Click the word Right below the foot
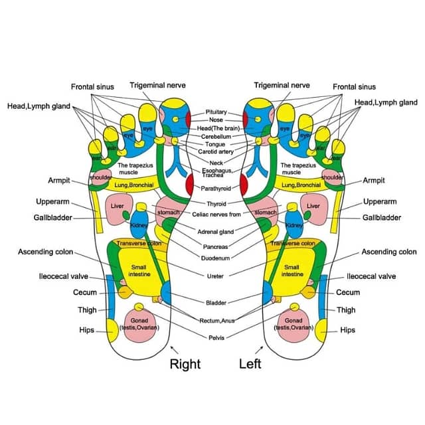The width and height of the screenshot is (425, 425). [x=185, y=363]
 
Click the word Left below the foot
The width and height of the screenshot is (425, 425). [x=250, y=363]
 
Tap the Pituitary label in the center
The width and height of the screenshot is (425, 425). [x=216, y=112]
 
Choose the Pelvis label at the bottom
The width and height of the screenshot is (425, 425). [x=216, y=337]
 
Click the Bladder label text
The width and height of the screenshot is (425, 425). [x=215, y=303]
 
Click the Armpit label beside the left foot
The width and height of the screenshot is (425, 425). [x=374, y=180]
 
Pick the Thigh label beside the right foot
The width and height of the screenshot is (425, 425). [x=86, y=309]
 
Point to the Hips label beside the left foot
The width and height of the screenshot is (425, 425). [x=347, y=329]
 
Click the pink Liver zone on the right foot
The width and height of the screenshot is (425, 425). [x=118, y=207]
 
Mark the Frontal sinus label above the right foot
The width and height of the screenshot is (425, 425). [x=92, y=86]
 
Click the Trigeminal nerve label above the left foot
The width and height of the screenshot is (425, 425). [x=282, y=85]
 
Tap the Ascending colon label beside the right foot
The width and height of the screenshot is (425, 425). [x=45, y=252]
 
